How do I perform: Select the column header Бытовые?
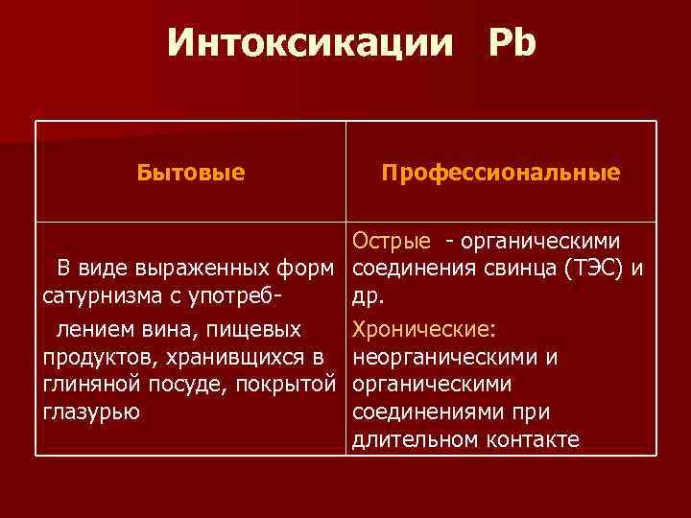[x=190, y=173]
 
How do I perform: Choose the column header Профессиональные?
[x=500, y=173]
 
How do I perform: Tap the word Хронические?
[x=424, y=329]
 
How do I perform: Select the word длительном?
[x=417, y=440]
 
